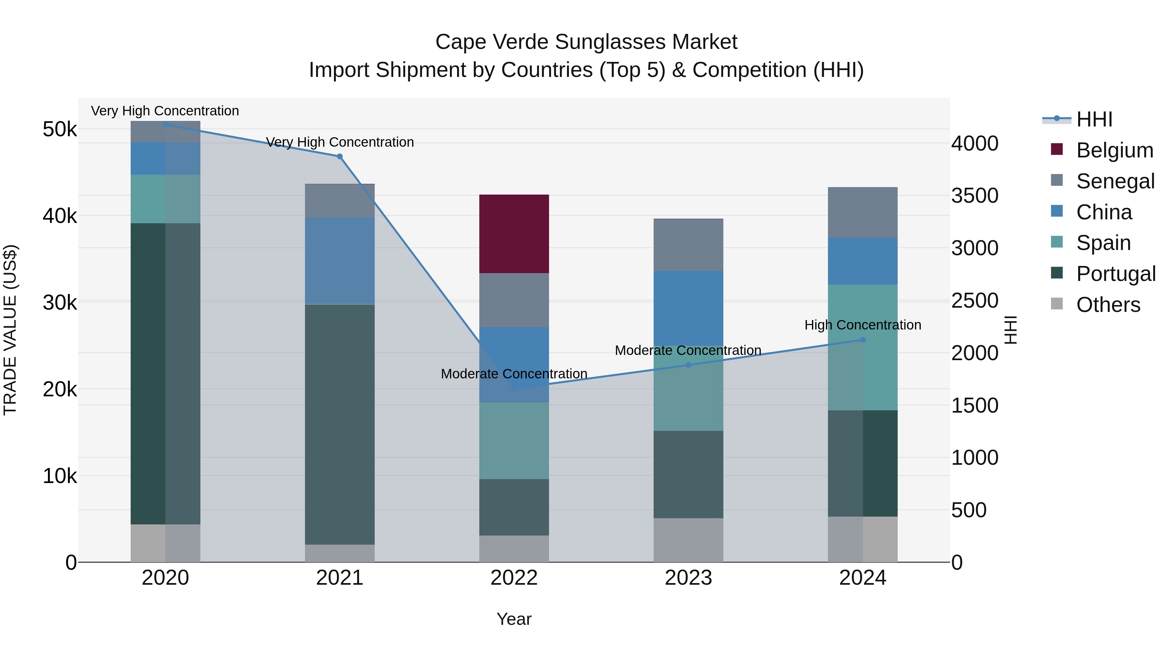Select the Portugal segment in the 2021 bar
tap(340, 424)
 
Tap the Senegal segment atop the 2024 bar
tap(862, 212)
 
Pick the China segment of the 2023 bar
tap(688, 308)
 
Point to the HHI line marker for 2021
tap(340, 156)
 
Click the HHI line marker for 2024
tap(862, 340)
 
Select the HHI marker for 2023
tap(688, 365)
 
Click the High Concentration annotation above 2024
tap(862, 325)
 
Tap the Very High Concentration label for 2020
tap(165, 111)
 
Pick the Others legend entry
tap(1108, 304)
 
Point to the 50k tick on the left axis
tap(60, 129)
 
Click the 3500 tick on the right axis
tap(975, 196)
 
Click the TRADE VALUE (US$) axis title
tap(10, 330)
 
